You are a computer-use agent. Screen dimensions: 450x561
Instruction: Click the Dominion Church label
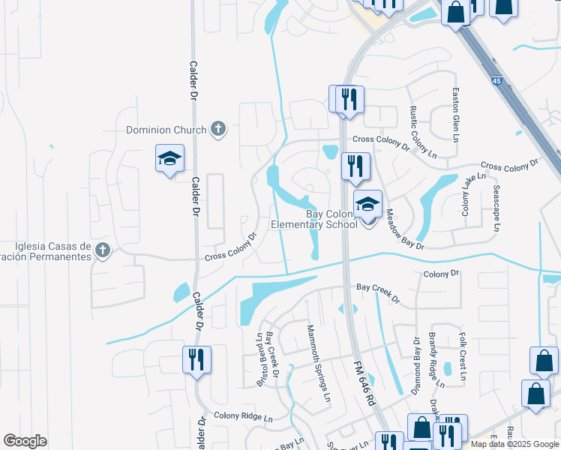click(166, 130)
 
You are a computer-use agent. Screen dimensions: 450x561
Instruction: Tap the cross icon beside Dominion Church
click(217, 129)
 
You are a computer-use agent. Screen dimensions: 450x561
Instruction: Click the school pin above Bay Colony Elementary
click(367, 204)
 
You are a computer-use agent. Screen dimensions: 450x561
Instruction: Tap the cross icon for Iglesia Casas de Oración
click(103, 250)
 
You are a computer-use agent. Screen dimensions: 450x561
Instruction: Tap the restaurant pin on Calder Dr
click(196, 359)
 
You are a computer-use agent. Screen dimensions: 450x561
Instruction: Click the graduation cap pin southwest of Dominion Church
click(169, 159)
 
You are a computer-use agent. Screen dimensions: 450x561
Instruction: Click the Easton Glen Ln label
click(455, 115)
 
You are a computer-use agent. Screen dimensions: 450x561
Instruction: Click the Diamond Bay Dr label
click(415, 365)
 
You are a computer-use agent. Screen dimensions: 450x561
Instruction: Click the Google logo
click(25, 441)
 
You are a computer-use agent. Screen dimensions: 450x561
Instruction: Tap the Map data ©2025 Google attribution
click(514, 444)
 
